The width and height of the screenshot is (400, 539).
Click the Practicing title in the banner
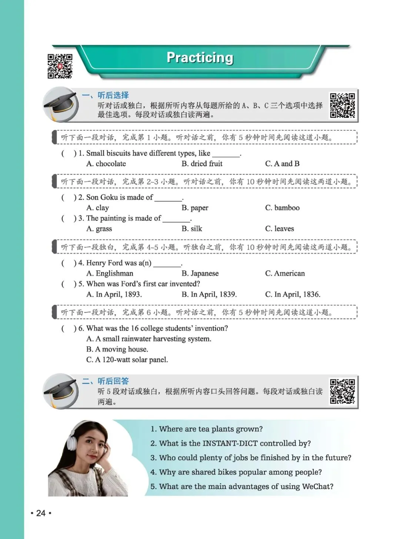200,58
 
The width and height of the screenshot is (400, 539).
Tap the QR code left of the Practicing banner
60,66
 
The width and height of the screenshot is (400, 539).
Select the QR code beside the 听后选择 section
343,105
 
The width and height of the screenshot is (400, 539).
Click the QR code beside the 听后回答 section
343,391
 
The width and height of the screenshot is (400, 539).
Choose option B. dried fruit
202,164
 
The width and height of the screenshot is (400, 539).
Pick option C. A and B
282,164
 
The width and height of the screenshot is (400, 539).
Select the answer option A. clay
97,208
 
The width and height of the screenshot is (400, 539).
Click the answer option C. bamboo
282,208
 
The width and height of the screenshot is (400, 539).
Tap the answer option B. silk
192,229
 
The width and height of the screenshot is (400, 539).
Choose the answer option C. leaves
279,229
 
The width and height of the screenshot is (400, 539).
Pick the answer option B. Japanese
200,273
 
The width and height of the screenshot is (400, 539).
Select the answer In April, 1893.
114,295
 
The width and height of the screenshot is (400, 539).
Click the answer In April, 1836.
293,295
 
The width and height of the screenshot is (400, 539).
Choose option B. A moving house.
117,349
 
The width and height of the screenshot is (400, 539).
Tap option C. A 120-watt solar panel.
127,360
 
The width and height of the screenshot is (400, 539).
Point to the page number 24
41,513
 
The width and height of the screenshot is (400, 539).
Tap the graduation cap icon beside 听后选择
61,104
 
